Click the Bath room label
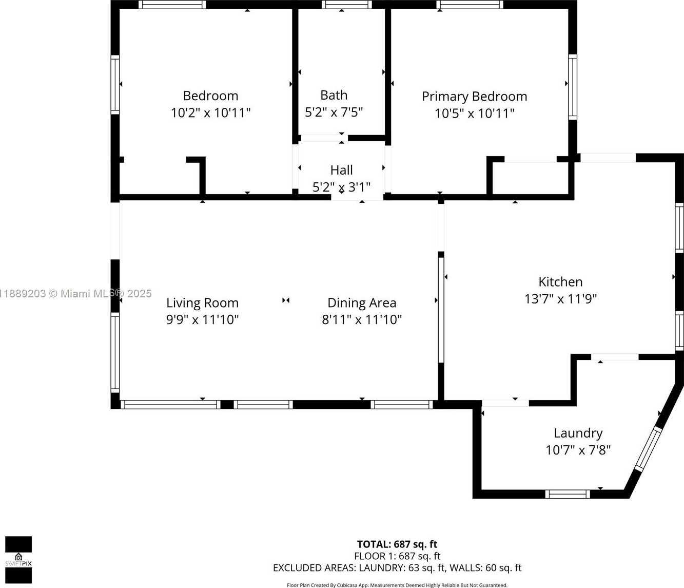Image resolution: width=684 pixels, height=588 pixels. [x=334, y=96]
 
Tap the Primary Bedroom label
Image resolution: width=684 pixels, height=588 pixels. [x=474, y=97]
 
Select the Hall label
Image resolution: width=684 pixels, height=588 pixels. [x=342, y=170]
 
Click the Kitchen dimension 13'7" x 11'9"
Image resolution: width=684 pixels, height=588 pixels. [x=560, y=299]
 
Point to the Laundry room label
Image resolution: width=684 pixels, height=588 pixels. [x=578, y=433]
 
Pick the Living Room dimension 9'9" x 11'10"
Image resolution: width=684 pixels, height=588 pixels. [x=202, y=320]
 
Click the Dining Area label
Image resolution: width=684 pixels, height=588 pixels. [x=362, y=303]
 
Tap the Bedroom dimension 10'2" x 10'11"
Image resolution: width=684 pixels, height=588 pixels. [x=210, y=113]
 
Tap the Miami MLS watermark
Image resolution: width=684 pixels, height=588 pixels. [x=76, y=294]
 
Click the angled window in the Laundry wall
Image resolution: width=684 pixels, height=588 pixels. [x=648, y=449]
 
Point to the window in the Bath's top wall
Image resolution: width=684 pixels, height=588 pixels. [x=347, y=5]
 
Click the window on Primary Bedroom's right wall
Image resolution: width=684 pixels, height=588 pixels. [x=573, y=87]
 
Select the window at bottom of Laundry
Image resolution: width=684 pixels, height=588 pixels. [x=568, y=494]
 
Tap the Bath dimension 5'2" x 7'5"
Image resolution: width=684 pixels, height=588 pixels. [x=334, y=112]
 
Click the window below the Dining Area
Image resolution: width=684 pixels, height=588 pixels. [x=401, y=405]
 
